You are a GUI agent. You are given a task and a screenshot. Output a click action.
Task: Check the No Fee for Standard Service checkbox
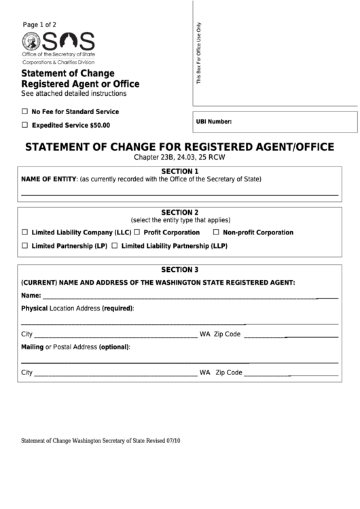25,111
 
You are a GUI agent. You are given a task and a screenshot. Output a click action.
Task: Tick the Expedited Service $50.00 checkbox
25,125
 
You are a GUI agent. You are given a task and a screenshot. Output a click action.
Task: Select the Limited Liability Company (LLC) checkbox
25,232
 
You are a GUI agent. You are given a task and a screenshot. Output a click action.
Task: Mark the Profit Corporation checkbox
137,232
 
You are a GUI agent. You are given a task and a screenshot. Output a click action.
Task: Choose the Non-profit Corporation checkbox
217,232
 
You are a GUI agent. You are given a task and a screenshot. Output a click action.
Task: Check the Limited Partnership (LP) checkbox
25,246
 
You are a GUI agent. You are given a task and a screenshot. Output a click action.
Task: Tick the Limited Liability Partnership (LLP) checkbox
115,246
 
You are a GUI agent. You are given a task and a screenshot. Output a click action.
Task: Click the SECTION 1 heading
179,171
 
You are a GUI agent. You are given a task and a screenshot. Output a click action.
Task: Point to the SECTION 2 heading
179,212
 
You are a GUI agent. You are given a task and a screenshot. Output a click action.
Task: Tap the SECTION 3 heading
179,269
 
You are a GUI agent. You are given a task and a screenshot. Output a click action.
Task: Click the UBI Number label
214,122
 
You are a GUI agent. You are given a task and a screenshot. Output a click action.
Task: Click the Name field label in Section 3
31,296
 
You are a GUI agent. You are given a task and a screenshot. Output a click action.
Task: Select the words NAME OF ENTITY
49,179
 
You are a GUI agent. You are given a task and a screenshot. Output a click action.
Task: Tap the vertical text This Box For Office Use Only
200,53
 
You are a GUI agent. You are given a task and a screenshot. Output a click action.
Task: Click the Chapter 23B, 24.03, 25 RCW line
179,158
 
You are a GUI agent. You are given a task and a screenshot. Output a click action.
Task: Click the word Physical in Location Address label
34,309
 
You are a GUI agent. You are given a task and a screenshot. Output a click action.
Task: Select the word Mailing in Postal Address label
33,347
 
